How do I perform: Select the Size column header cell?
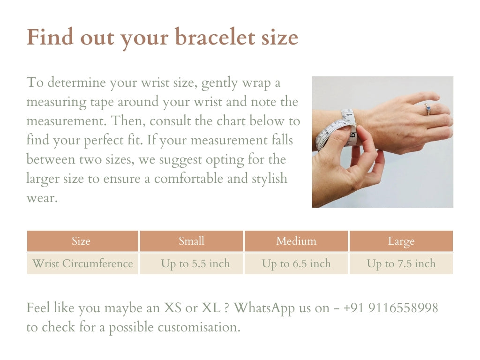pyautogui.click(x=81, y=241)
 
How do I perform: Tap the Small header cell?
pyautogui.click(x=191, y=241)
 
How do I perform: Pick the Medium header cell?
pyautogui.click(x=296, y=241)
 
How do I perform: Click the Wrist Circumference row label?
pyautogui.click(x=82, y=263)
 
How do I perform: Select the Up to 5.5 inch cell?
pyautogui.click(x=195, y=263)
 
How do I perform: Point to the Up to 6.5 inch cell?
pyautogui.click(x=296, y=263)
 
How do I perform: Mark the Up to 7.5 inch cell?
pyautogui.click(x=401, y=263)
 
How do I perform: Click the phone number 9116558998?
pyautogui.click(x=403, y=308)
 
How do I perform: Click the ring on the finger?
pyautogui.click(x=427, y=109)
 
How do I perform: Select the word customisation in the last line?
pyautogui.click(x=199, y=327)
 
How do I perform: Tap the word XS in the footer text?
pyautogui.click(x=172, y=308)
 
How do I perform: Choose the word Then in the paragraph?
pyautogui.click(x=123, y=121)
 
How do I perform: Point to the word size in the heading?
pyautogui.click(x=280, y=37)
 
